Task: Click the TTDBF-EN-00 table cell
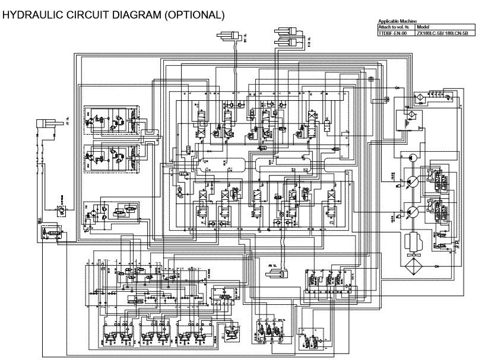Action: pos(390,34)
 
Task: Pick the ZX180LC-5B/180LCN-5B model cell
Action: pos(442,34)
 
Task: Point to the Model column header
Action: pos(424,27)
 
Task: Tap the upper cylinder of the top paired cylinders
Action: pos(289,31)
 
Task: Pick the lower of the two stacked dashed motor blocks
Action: pos(113,158)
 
